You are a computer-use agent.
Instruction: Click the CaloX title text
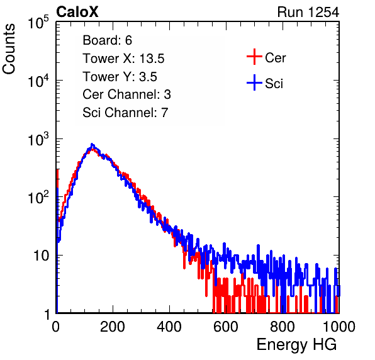click(77, 12)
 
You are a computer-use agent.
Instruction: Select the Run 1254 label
click(308, 12)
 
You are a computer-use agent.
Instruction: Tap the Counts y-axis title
click(9, 49)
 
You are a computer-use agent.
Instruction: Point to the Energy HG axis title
click(296, 344)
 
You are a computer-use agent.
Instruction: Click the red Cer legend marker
click(254, 57)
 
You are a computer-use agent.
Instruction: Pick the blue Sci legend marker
click(254, 83)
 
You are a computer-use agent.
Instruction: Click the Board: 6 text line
click(107, 40)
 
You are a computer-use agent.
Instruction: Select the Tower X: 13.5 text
click(123, 59)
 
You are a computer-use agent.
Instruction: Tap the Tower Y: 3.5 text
click(120, 77)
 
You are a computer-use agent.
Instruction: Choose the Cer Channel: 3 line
click(126, 94)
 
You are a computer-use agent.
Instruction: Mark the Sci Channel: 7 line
click(125, 113)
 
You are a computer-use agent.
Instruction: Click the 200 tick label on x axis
click(113, 327)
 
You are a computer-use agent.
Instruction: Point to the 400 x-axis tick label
click(169, 327)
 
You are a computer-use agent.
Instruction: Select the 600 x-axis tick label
click(226, 327)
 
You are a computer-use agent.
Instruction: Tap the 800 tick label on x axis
click(283, 327)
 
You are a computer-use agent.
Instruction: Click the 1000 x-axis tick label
click(339, 327)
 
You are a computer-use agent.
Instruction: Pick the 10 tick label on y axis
click(42, 256)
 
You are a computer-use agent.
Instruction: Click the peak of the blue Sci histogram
click(92, 144)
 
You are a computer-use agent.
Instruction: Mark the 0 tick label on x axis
click(56, 327)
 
